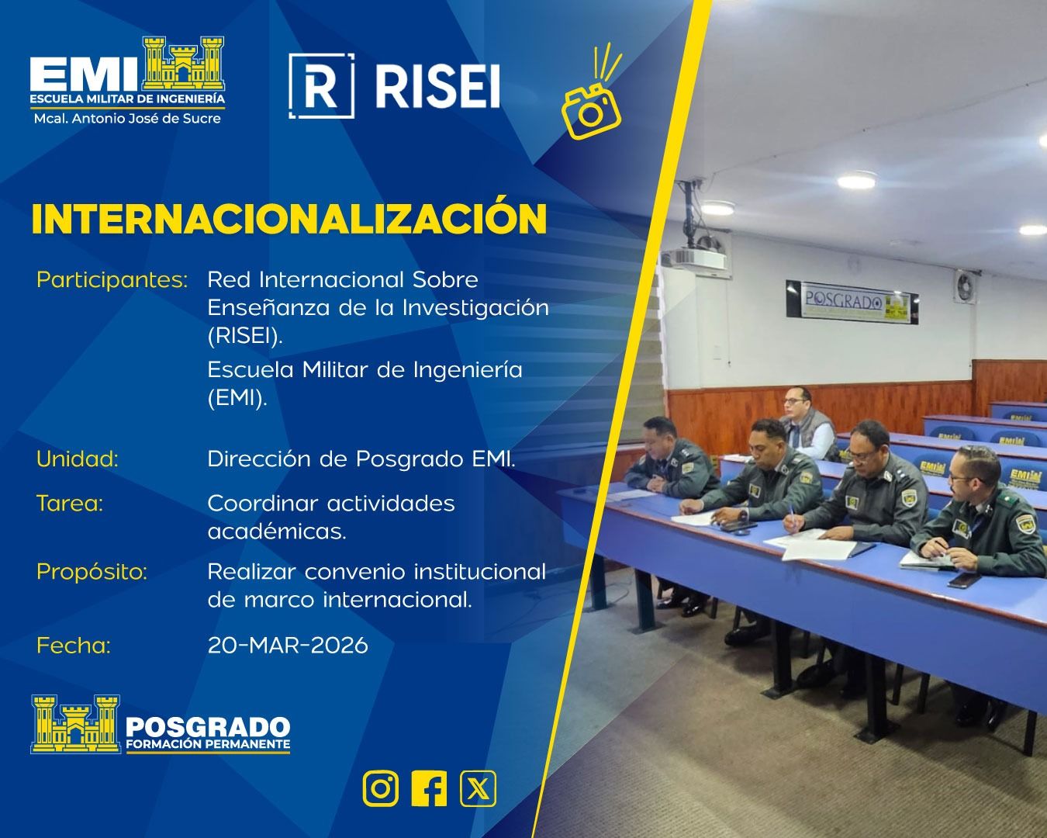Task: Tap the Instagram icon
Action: coord(381,789)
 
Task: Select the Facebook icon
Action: coord(429,789)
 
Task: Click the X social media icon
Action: coord(478,789)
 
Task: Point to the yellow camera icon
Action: coord(593,107)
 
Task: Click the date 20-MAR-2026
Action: coord(288,645)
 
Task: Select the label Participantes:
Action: coord(112,279)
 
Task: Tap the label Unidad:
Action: coord(78,459)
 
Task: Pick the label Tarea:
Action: coord(70,504)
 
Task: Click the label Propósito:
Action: coord(92,572)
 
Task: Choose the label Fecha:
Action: coord(74,645)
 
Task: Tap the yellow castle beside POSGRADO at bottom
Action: coord(75,723)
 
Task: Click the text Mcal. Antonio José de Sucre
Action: coord(127,119)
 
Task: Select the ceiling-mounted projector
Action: coord(696,256)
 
